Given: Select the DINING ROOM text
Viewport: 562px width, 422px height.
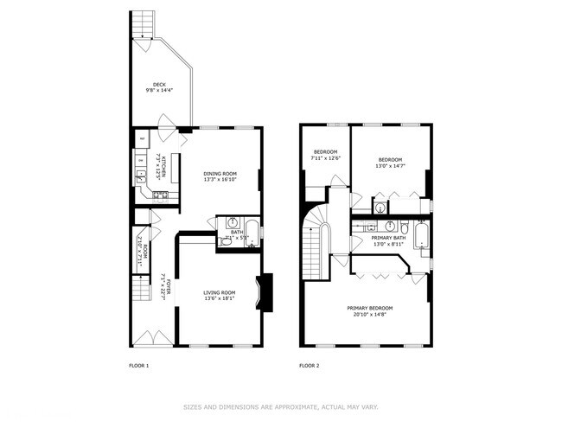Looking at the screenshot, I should point(220,174).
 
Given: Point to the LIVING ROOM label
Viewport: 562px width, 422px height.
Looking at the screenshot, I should point(220,293).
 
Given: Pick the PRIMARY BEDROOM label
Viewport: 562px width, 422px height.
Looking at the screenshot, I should point(370,309).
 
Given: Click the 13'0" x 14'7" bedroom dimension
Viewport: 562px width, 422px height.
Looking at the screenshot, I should point(390,165).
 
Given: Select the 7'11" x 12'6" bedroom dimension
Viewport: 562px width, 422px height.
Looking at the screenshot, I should point(327,157).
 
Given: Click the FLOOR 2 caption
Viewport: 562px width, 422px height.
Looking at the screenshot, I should point(310,366).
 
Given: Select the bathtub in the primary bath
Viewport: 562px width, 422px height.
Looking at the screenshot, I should point(422,236).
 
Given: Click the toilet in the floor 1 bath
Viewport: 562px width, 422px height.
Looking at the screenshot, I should point(226,242).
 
